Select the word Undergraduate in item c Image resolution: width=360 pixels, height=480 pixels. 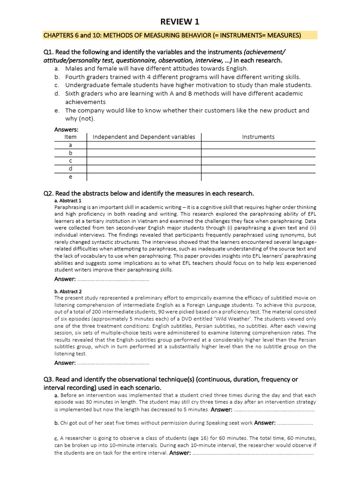tap(87, 85)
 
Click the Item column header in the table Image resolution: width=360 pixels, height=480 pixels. tap(70, 137)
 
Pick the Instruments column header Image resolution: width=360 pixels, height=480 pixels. tap(258, 137)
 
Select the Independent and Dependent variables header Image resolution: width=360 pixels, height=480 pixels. tap(144, 137)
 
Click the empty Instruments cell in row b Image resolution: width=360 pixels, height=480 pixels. tap(258, 153)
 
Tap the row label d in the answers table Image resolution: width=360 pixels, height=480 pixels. tap(70, 169)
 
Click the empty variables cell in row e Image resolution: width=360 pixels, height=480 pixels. tap(144, 177)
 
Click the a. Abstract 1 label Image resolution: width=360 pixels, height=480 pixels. tap(68, 201)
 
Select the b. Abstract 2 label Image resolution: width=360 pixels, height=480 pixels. tap(68, 291)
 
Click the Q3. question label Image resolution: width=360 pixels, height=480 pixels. tap(49, 379)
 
